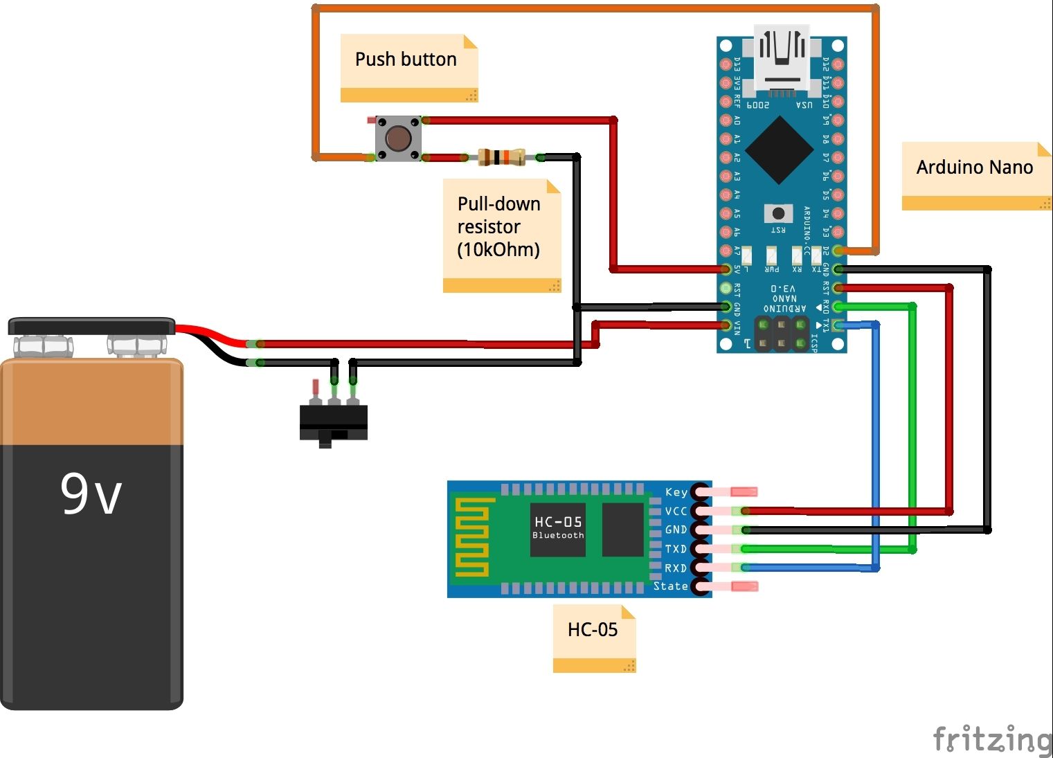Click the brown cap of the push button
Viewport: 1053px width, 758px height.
pyautogui.click(x=397, y=138)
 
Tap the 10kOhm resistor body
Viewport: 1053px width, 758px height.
pyautogui.click(x=501, y=157)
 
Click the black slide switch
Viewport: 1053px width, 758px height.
pyautogui.click(x=333, y=422)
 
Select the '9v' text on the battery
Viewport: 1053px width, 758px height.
pyautogui.click(x=91, y=494)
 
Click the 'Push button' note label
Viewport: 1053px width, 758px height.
pyautogui.click(x=406, y=60)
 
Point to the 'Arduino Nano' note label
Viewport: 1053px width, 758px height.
pyautogui.click(x=974, y=168)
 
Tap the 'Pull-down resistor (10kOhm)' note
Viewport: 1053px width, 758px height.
pyautogui.click(x=498, y=227)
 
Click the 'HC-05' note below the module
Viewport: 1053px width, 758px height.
pyautogui.click(x=593, y=630)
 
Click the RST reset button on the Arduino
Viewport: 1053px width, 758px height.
pyautogui.click(x=778, y=213)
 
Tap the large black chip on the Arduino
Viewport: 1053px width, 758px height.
pyautogui.click(x=780, y=150)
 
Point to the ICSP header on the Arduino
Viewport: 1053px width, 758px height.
pyautogui.click(x=782, y=334)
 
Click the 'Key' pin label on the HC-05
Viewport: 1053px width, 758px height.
pyautogui.click(x=676, y=492)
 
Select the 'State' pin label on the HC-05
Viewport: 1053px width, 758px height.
pyautogui.click(x=670, y=586)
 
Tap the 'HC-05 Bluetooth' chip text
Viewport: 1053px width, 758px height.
pyautogui.click(x=558, y=527)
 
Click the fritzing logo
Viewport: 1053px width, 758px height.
pyautogui.click(x=991, y=739)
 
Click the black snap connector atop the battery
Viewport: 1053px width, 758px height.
pyautogui.click(x=91, y=325)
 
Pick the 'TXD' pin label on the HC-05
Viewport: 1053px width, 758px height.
pyautogui.click(x=676, y=549)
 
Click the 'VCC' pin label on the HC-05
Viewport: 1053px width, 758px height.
pyautogui.click(x=676, y=512)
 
